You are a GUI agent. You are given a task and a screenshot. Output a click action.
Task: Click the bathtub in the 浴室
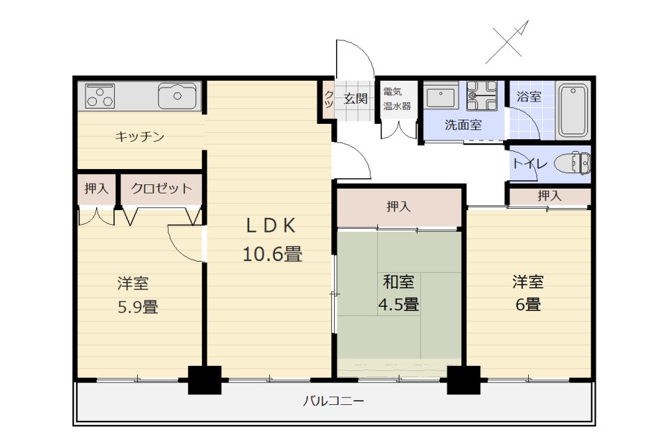[573, 110]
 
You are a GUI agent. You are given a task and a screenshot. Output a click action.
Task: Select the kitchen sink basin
[177, 96]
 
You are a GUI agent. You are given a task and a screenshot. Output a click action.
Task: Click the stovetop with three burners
[100, 96]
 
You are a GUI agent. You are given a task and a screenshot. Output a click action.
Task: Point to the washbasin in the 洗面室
[440, 97]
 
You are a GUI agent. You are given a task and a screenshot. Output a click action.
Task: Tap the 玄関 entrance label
[355, 98]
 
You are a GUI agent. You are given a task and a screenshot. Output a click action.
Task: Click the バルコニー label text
[333, 401]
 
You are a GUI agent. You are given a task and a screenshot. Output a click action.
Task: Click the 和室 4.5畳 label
[399, 293]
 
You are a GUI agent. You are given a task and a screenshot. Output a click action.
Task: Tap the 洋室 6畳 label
[528, 293]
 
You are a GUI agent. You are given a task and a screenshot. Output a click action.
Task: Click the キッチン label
[139, 136]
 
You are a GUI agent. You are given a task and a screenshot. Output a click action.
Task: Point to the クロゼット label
[161, 188]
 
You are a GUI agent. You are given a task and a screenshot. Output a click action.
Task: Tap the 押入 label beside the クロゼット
[96, 188]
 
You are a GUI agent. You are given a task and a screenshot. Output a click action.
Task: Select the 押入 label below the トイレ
[548, 196]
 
